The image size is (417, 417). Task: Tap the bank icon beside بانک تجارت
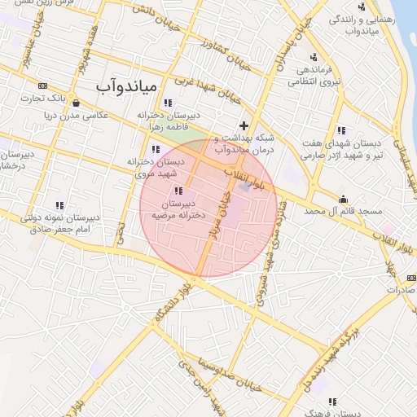42,86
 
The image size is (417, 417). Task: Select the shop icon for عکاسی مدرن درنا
76,103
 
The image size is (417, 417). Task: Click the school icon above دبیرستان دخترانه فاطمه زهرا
168,103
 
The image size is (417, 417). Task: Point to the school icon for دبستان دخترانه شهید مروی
155,149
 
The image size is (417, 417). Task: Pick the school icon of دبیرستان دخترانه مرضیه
178,191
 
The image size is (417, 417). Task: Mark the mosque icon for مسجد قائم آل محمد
343,199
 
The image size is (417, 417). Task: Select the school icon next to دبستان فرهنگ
332,402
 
